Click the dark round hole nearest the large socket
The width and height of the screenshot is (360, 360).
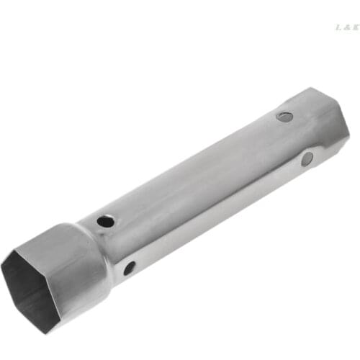click(x=106, y=221)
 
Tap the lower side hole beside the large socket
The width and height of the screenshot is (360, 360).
click(x=129, y=268)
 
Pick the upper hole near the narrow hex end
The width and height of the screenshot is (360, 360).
click(x=285, y=116)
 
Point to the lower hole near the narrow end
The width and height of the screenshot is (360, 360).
click(x=307, y=158)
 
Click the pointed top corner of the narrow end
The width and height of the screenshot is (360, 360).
click(x=315, y=89)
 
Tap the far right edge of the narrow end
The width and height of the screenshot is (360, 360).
click(x=348, y=133)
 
